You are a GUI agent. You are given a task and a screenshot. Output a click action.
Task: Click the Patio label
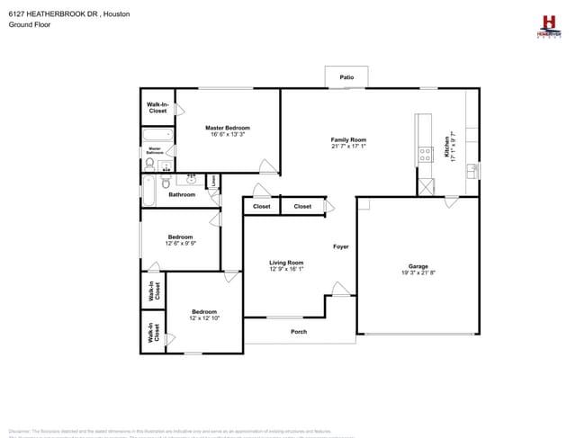(x=346, y=78)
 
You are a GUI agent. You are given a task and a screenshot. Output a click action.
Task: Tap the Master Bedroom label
(x=228, y=128)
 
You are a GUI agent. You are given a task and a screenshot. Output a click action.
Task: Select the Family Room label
(x=348, y=139)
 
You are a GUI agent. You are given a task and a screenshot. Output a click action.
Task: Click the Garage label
(x=418, y=266)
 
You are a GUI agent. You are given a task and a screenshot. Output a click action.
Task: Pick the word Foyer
(x=341, y=246)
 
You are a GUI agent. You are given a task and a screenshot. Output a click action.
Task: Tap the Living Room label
(x=286, y=263)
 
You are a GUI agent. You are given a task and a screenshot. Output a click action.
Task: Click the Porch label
(x=299, y=332)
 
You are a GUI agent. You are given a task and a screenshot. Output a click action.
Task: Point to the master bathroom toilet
(x=149, y=165)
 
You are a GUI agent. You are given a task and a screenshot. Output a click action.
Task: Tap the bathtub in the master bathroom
(x=154, y=138)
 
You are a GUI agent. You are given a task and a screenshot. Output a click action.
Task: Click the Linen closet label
(x=213, y=182)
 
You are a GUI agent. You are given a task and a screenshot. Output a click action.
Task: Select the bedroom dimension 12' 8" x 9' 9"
(x=180, y=243)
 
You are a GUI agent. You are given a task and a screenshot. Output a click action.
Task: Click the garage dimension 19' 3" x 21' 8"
(x=418, y=273)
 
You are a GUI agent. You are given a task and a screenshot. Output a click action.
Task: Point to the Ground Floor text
(x=29, y=25)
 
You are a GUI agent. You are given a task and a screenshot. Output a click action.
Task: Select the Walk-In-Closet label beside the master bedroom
(x=157, y=108)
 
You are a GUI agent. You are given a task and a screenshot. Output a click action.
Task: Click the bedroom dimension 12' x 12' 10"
(x=204, y=317)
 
